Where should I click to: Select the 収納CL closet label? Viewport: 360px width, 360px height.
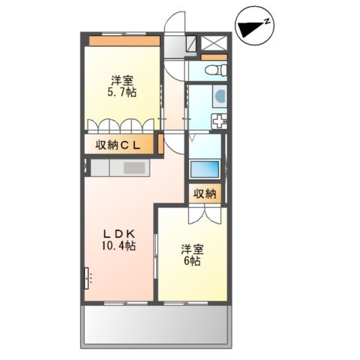(119, 145)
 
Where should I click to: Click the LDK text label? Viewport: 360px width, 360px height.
(118, 232)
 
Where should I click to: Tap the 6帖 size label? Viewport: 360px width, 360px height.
(191, 261)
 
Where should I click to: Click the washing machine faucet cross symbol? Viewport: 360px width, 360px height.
(218, 123)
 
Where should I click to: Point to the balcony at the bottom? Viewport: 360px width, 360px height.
(154, 325)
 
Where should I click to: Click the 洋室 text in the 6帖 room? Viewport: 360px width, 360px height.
(192, 248)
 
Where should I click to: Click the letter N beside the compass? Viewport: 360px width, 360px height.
(268, 22)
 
